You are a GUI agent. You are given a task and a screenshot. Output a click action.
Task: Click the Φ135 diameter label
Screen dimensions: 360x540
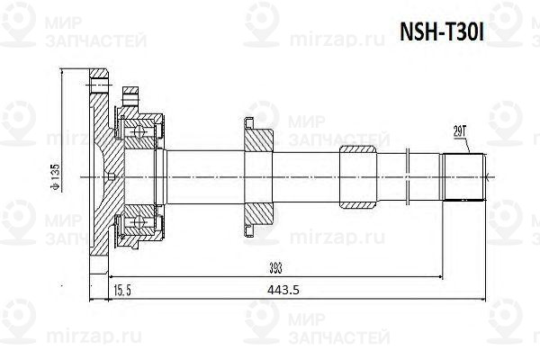[x=53, y=179]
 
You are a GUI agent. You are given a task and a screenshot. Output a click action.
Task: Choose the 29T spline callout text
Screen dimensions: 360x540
[x=460, y=131]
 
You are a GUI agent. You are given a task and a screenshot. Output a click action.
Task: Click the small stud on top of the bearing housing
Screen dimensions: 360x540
[x=131, y=93]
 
